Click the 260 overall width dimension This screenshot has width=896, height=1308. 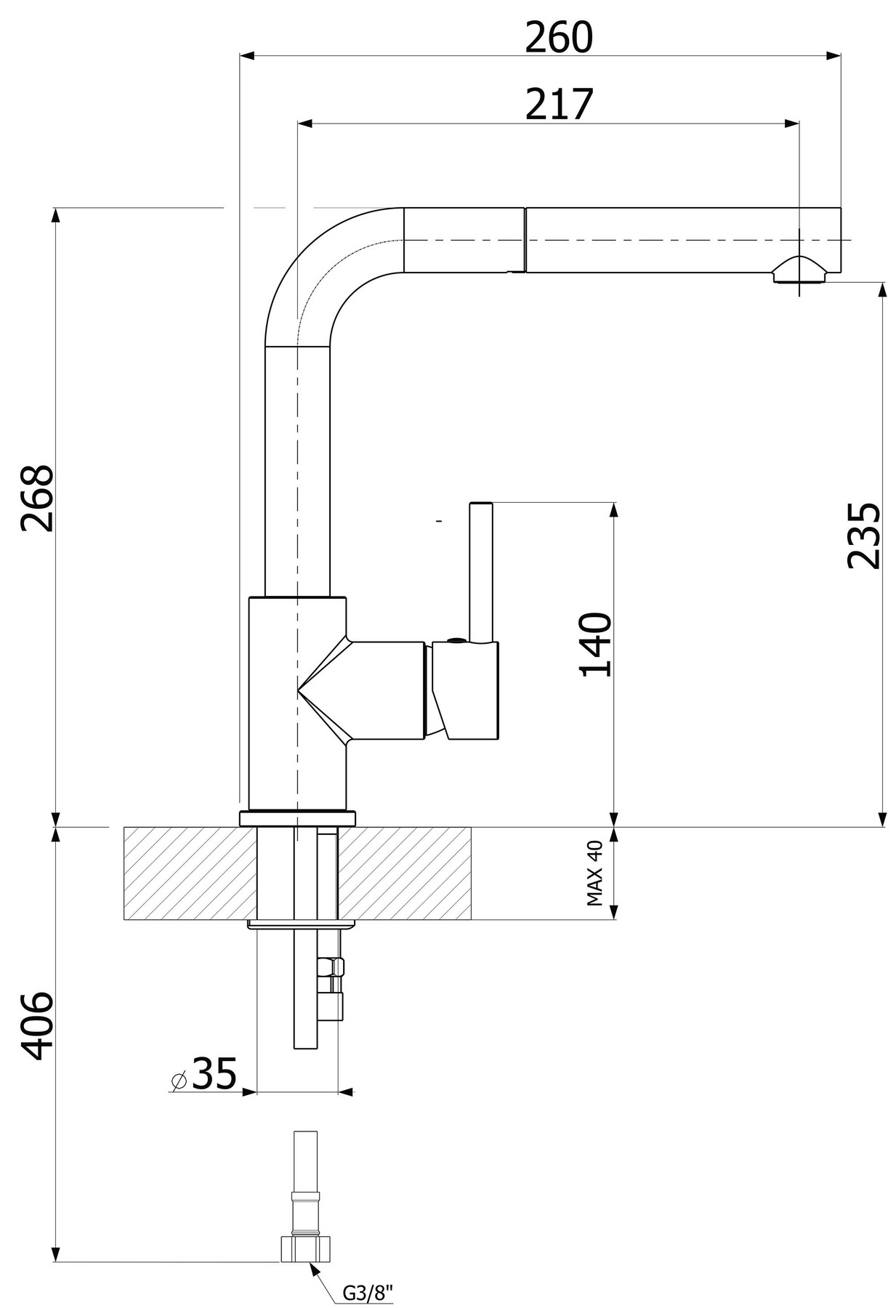(559, 38)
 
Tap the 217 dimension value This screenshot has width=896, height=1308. (559, 104)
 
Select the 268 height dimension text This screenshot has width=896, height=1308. (37, 498)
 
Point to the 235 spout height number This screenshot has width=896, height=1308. (864, 535)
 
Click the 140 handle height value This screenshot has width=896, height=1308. (595, 645)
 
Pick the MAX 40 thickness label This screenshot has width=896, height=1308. (594, 873)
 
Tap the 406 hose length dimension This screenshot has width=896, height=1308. (36, 1025)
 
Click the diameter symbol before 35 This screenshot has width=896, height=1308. (179, 1081)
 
